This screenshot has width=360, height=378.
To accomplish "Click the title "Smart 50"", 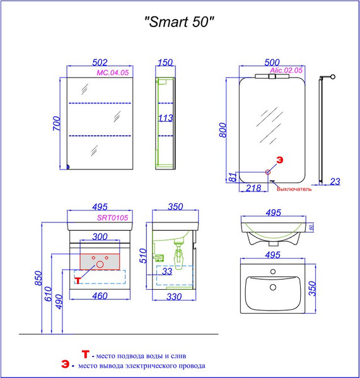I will pos(180,22).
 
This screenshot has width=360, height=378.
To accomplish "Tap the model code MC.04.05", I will pos(112,73).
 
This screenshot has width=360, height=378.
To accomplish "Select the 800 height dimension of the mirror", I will pos(221,130).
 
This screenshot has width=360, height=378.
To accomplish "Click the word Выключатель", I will pos(294,188).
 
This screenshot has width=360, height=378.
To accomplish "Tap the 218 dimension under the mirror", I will pos(253,188).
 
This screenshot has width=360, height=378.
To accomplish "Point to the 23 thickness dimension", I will pos(334,181).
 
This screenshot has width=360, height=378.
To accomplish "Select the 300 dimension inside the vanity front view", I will pos(100,236).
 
